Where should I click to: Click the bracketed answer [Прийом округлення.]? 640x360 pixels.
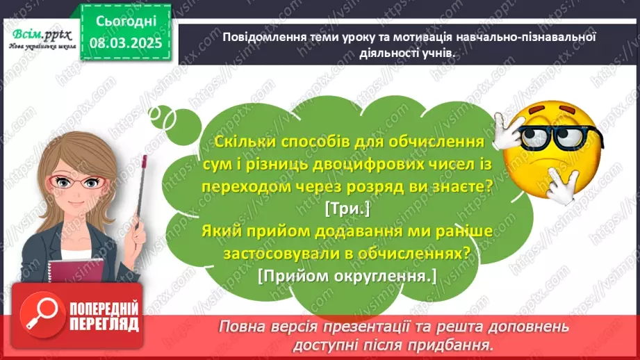[346, 276]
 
